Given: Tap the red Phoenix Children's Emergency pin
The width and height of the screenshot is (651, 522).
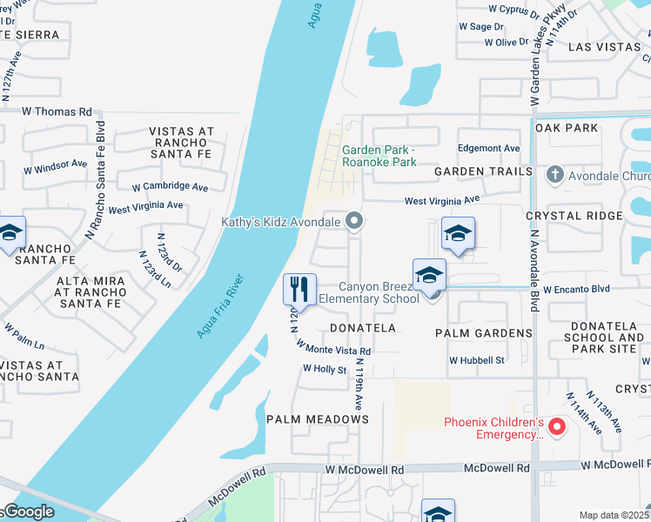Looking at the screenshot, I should pos(556,427).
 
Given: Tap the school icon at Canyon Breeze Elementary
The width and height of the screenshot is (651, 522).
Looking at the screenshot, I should pos(429,277).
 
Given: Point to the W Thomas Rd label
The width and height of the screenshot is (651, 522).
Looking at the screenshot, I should pos(57,111).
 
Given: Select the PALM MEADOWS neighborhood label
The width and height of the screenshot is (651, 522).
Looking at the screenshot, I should pos(318,419).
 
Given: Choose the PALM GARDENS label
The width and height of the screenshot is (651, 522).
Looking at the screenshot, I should pos(485,333).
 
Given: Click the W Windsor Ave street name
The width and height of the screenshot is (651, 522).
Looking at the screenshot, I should pos(51,164).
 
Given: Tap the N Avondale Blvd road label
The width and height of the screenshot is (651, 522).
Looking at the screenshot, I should pos(531,270).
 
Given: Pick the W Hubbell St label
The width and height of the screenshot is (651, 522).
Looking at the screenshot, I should pos(477,360).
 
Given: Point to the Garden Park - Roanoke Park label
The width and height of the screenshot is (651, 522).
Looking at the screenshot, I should pos(378,155).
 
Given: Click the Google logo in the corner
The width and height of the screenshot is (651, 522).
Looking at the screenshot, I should pos(28,512).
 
